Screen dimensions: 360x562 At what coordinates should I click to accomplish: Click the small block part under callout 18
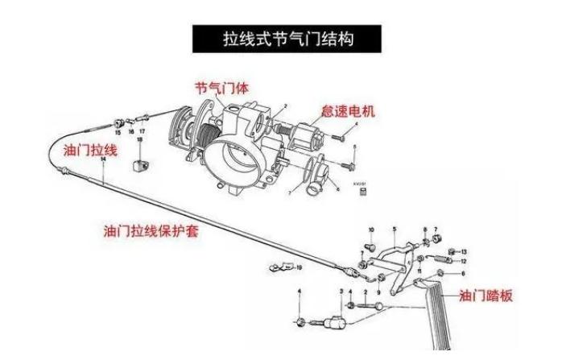click(x=138, y=166)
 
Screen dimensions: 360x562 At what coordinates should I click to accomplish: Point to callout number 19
click(x=299, y=267)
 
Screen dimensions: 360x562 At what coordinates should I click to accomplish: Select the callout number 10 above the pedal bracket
click(x=371, y=230)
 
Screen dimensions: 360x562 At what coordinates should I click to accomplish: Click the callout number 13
click(x=464, y=253)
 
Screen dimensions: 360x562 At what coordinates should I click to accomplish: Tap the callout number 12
click(x=463, y=262)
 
